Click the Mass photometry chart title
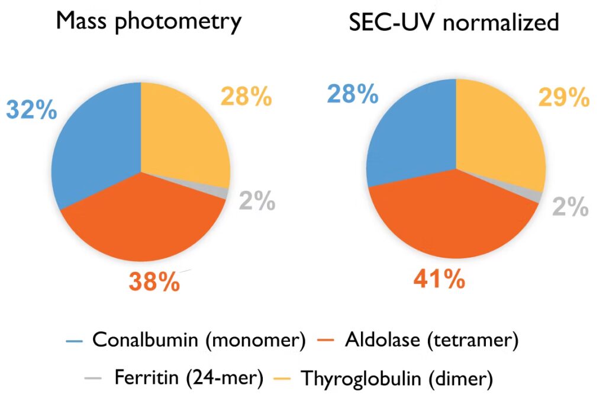coord(149,22)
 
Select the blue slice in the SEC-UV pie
coord(408,142)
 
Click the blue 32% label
coord(31,110)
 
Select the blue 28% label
coord(353,94)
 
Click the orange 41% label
coord(439,278)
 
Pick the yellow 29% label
coord(564,97)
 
